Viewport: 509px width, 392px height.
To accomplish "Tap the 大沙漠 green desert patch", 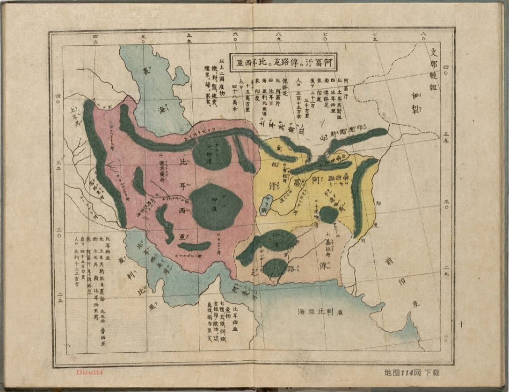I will pos(211,153).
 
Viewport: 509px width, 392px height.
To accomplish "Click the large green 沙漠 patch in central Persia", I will pos(216,207).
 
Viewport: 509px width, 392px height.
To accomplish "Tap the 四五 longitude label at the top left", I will pos(96,36).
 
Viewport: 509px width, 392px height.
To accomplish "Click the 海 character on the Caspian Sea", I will pos(161,109).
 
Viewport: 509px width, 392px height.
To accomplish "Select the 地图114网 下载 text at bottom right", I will pos(412,373).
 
